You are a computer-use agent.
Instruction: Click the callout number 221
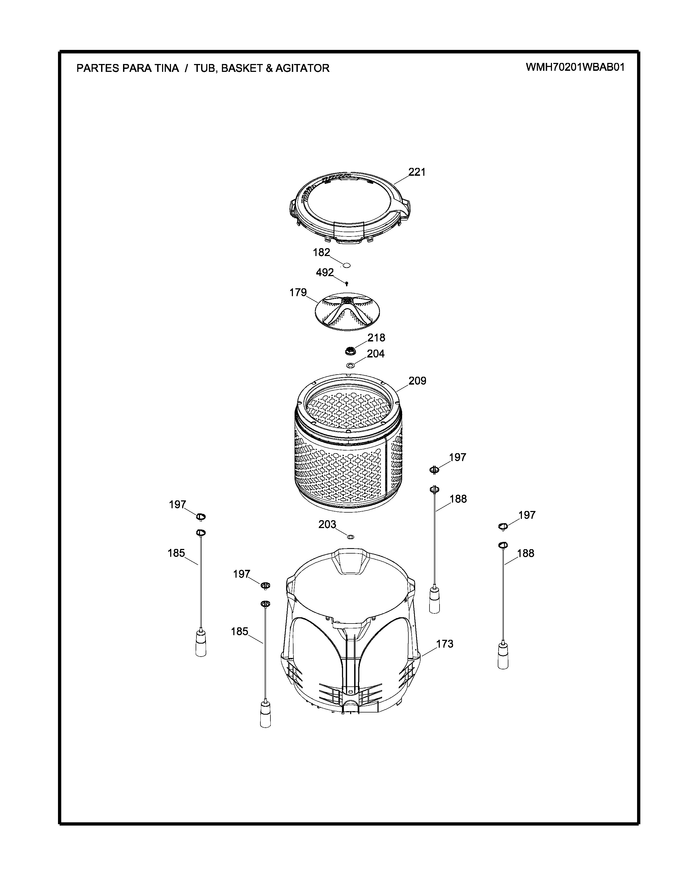click(x=417, y=172)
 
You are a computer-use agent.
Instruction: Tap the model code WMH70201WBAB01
click(x=575, y=67)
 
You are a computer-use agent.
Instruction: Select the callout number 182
click(x=321, y=252)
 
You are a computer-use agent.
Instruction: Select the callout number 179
click(x=298, y=293)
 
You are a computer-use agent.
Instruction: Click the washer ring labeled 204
click(x=350, y=365)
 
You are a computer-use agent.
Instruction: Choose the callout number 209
click(x=417, y=381)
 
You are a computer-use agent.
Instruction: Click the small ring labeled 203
click(x=350, y=536)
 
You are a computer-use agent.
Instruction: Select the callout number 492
click(x=325, y=273)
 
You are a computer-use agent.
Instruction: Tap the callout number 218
click(x=376, y=338)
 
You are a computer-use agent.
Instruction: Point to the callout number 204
click(x=376, y=354)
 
